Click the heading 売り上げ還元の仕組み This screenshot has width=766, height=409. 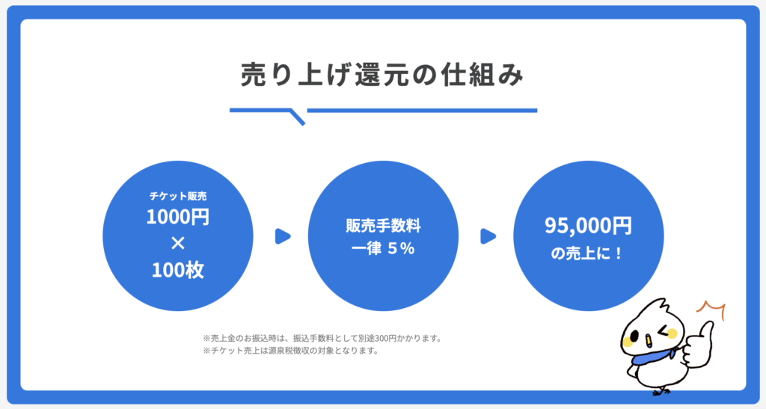[382, 76]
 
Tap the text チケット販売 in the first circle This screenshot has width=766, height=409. [178, 196]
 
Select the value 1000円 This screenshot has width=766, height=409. [178, 217]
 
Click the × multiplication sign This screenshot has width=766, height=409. [178, 243]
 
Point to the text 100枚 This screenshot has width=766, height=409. [178, 270]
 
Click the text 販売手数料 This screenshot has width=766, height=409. [384, 226]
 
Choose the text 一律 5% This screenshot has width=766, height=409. [384, 248]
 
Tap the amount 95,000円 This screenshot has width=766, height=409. [588, 226]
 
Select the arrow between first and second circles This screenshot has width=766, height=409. [283, 236]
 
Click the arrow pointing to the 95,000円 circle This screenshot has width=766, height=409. [488, 236]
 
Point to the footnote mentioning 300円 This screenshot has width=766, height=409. [322, 338]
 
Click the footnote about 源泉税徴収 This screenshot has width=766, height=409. [291, 351]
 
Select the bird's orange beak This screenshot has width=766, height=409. [648, 339]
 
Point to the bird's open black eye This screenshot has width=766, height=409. [634, 336]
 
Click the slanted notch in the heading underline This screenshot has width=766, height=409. [298, 117]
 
